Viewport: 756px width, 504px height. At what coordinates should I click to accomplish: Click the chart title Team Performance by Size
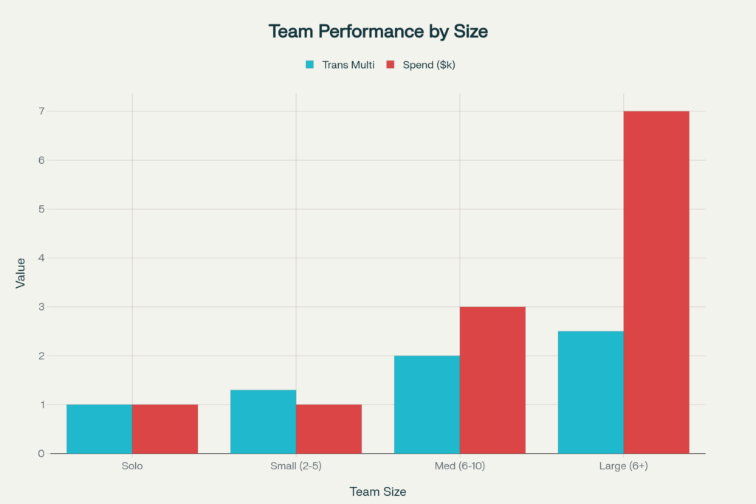pyautogui.click(x=378, y=32)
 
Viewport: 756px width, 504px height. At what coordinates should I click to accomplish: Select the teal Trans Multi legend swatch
pyautogui.click(x=311, y=65)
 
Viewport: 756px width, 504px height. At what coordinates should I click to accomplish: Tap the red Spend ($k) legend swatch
pyautogui.click(x=391, y=65)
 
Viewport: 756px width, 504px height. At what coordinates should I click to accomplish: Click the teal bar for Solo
pyautogui.click(x=100, y=429)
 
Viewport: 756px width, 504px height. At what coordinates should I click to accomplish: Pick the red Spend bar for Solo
pyautogui.click(x=165, y=429)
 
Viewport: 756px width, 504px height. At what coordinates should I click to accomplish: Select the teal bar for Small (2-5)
pyautogui.click(x=264, y=421)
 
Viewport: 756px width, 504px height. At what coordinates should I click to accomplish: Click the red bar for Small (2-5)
pyautogui.click(x=329, y=429)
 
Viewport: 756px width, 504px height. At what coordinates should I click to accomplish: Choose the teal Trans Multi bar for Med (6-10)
pyautogui.click(x=427, y=404)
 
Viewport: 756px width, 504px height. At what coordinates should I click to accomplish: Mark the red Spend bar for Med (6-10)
pyautogui.click(x=492, y=380)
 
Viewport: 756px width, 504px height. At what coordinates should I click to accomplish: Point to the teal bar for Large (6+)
pyautogui.click(x=591, y=392)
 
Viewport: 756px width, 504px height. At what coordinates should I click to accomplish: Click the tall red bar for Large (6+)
pyautogui.click(x=656, y=282)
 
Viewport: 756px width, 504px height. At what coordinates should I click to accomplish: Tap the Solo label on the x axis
pyautogui.click(x=132, y=467)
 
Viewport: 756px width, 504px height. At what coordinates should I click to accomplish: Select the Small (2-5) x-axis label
pyautogui.click(x=296, y=467)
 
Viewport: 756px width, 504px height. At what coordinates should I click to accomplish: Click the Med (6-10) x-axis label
pyautogui.click(x=460, y=467)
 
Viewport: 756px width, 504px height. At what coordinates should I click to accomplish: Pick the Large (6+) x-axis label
pyautogui.click(x=624, y=467)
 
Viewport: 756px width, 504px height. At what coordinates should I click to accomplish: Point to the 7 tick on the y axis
pyautogui.click(x=41, y=111)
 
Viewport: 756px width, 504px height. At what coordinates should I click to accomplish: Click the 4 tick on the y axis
pyautogui.click(x=41, y=258)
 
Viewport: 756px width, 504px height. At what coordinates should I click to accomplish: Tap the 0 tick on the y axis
pyautogui.click(x=41, y=453)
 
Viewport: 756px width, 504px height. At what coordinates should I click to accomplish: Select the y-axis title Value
pyautogui.click(x=21, y=272)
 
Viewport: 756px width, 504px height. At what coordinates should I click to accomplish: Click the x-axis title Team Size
pyautogui.click(x=378, y=491)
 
